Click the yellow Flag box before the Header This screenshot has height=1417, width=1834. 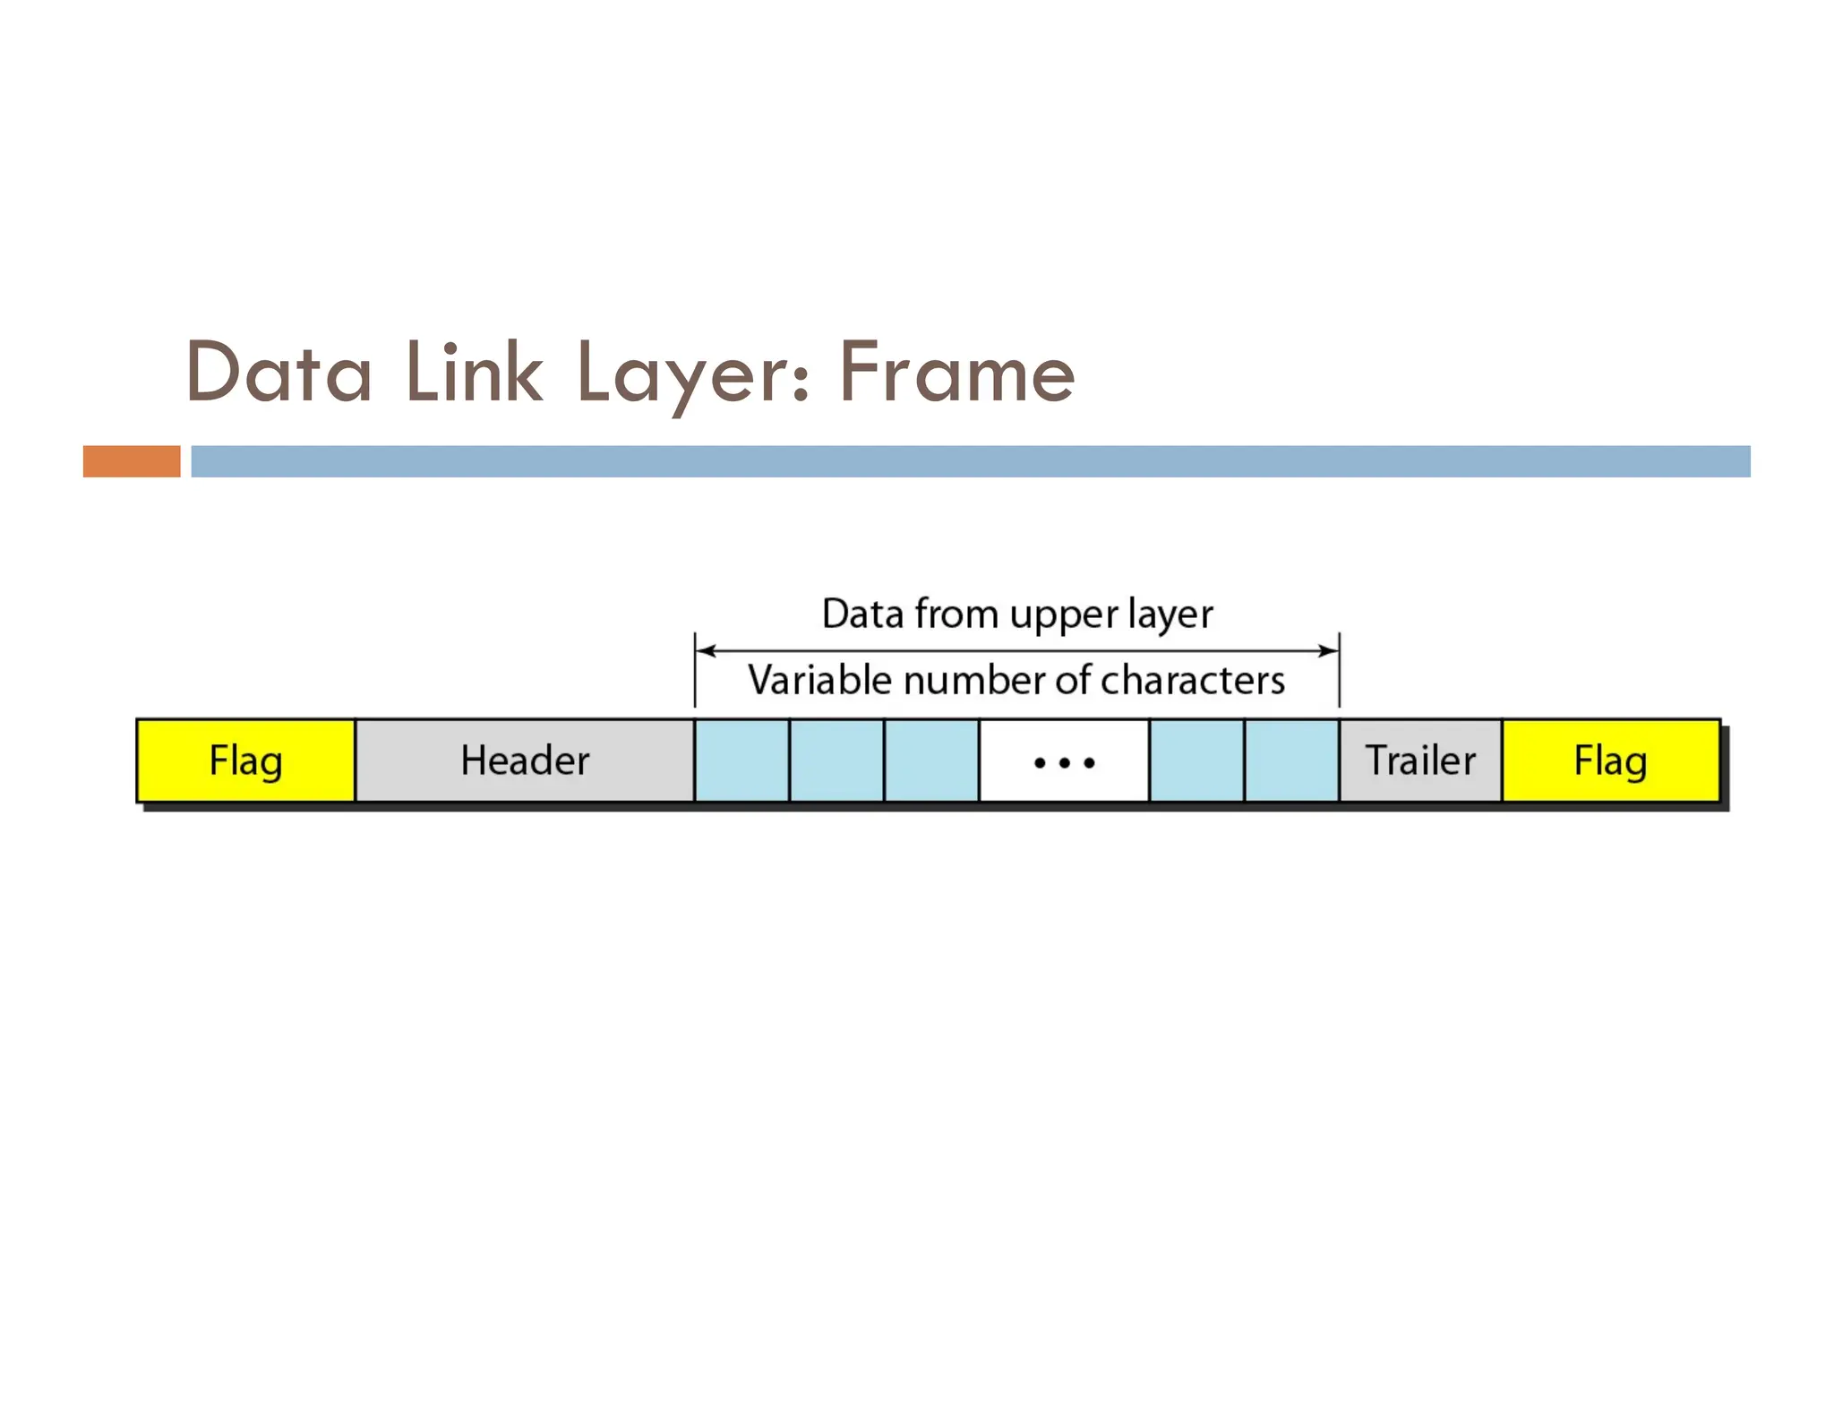click(x=245, y=760)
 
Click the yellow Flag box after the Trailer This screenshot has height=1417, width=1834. click(x=1610, y=760)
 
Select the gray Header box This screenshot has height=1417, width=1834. click(x=525, y=760)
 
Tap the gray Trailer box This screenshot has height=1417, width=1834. click(x=1420, y=760)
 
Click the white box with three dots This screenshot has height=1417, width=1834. click(x=1064, y=760)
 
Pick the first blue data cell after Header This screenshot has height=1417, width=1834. click(x=741, y=760)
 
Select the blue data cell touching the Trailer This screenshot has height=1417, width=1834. click(x=1291, y=760)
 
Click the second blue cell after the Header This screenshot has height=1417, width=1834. click(x=836, y=760)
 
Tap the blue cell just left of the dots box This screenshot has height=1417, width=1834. click(x=931, y=760)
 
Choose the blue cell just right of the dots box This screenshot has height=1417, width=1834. click(x=1196, y=760)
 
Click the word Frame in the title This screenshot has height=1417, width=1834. click(x=956, y=373)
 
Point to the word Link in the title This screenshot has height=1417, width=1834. click(x=473, y=373)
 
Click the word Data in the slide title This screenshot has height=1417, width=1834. click(x=279, y=373)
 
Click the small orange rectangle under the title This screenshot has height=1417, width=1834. click(x=132, y=461)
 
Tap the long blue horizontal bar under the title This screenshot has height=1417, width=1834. click(x=970, y=461)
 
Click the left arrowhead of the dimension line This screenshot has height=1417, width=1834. click(x=706, y=650)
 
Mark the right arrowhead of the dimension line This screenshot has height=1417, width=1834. click(x=1328, y=650)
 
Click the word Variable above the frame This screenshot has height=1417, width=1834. click(x=819, y=680)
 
